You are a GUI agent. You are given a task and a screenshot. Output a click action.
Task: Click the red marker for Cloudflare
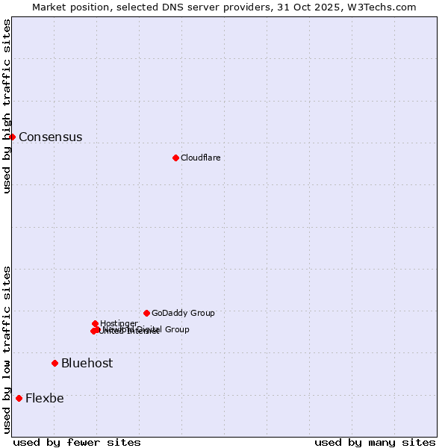[x=175, y=158]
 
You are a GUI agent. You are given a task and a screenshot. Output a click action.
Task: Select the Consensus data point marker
[x=12, y=137]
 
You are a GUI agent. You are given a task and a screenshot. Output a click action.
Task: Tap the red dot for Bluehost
[x=55, y=363]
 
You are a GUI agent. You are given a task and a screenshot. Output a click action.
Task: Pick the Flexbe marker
[x=19, y=398]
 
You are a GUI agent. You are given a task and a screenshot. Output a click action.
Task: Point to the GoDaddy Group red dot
[x=146, y=313]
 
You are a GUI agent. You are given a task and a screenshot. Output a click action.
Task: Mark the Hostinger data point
[x=95, y=323]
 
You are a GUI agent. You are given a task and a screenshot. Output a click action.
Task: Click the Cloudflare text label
[x=200, y=158]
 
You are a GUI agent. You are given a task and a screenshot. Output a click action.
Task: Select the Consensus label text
[x=50, y=137]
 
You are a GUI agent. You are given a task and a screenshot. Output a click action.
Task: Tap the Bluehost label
[x=87, y=363]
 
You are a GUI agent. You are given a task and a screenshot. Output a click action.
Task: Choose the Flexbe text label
[x=44, y=398]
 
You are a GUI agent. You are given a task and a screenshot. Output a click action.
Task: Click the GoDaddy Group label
[x=183, y=313]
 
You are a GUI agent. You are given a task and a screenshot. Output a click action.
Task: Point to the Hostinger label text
[x=119, y=323]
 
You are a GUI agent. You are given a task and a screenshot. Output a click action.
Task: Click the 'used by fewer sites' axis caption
[x=77, y=442]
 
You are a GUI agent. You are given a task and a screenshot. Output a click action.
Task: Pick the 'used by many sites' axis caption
[x=375, y=442]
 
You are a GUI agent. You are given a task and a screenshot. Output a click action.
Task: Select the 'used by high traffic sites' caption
[x=7, y=106]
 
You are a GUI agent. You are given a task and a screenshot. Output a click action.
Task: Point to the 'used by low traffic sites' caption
[x=7, y=349]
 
